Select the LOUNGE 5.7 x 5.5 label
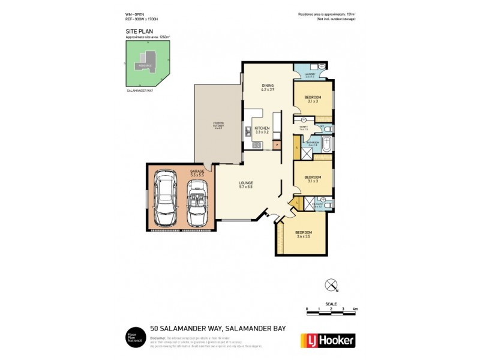[x=245, y=185]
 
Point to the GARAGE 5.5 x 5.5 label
[x=197, y=173]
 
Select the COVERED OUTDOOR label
[x=218, y=126]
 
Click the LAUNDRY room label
[x=310, y=75]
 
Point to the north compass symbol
[x=329, y=285]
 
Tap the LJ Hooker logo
[x=327, y=340]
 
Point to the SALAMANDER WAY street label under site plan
[x=139, y=91]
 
